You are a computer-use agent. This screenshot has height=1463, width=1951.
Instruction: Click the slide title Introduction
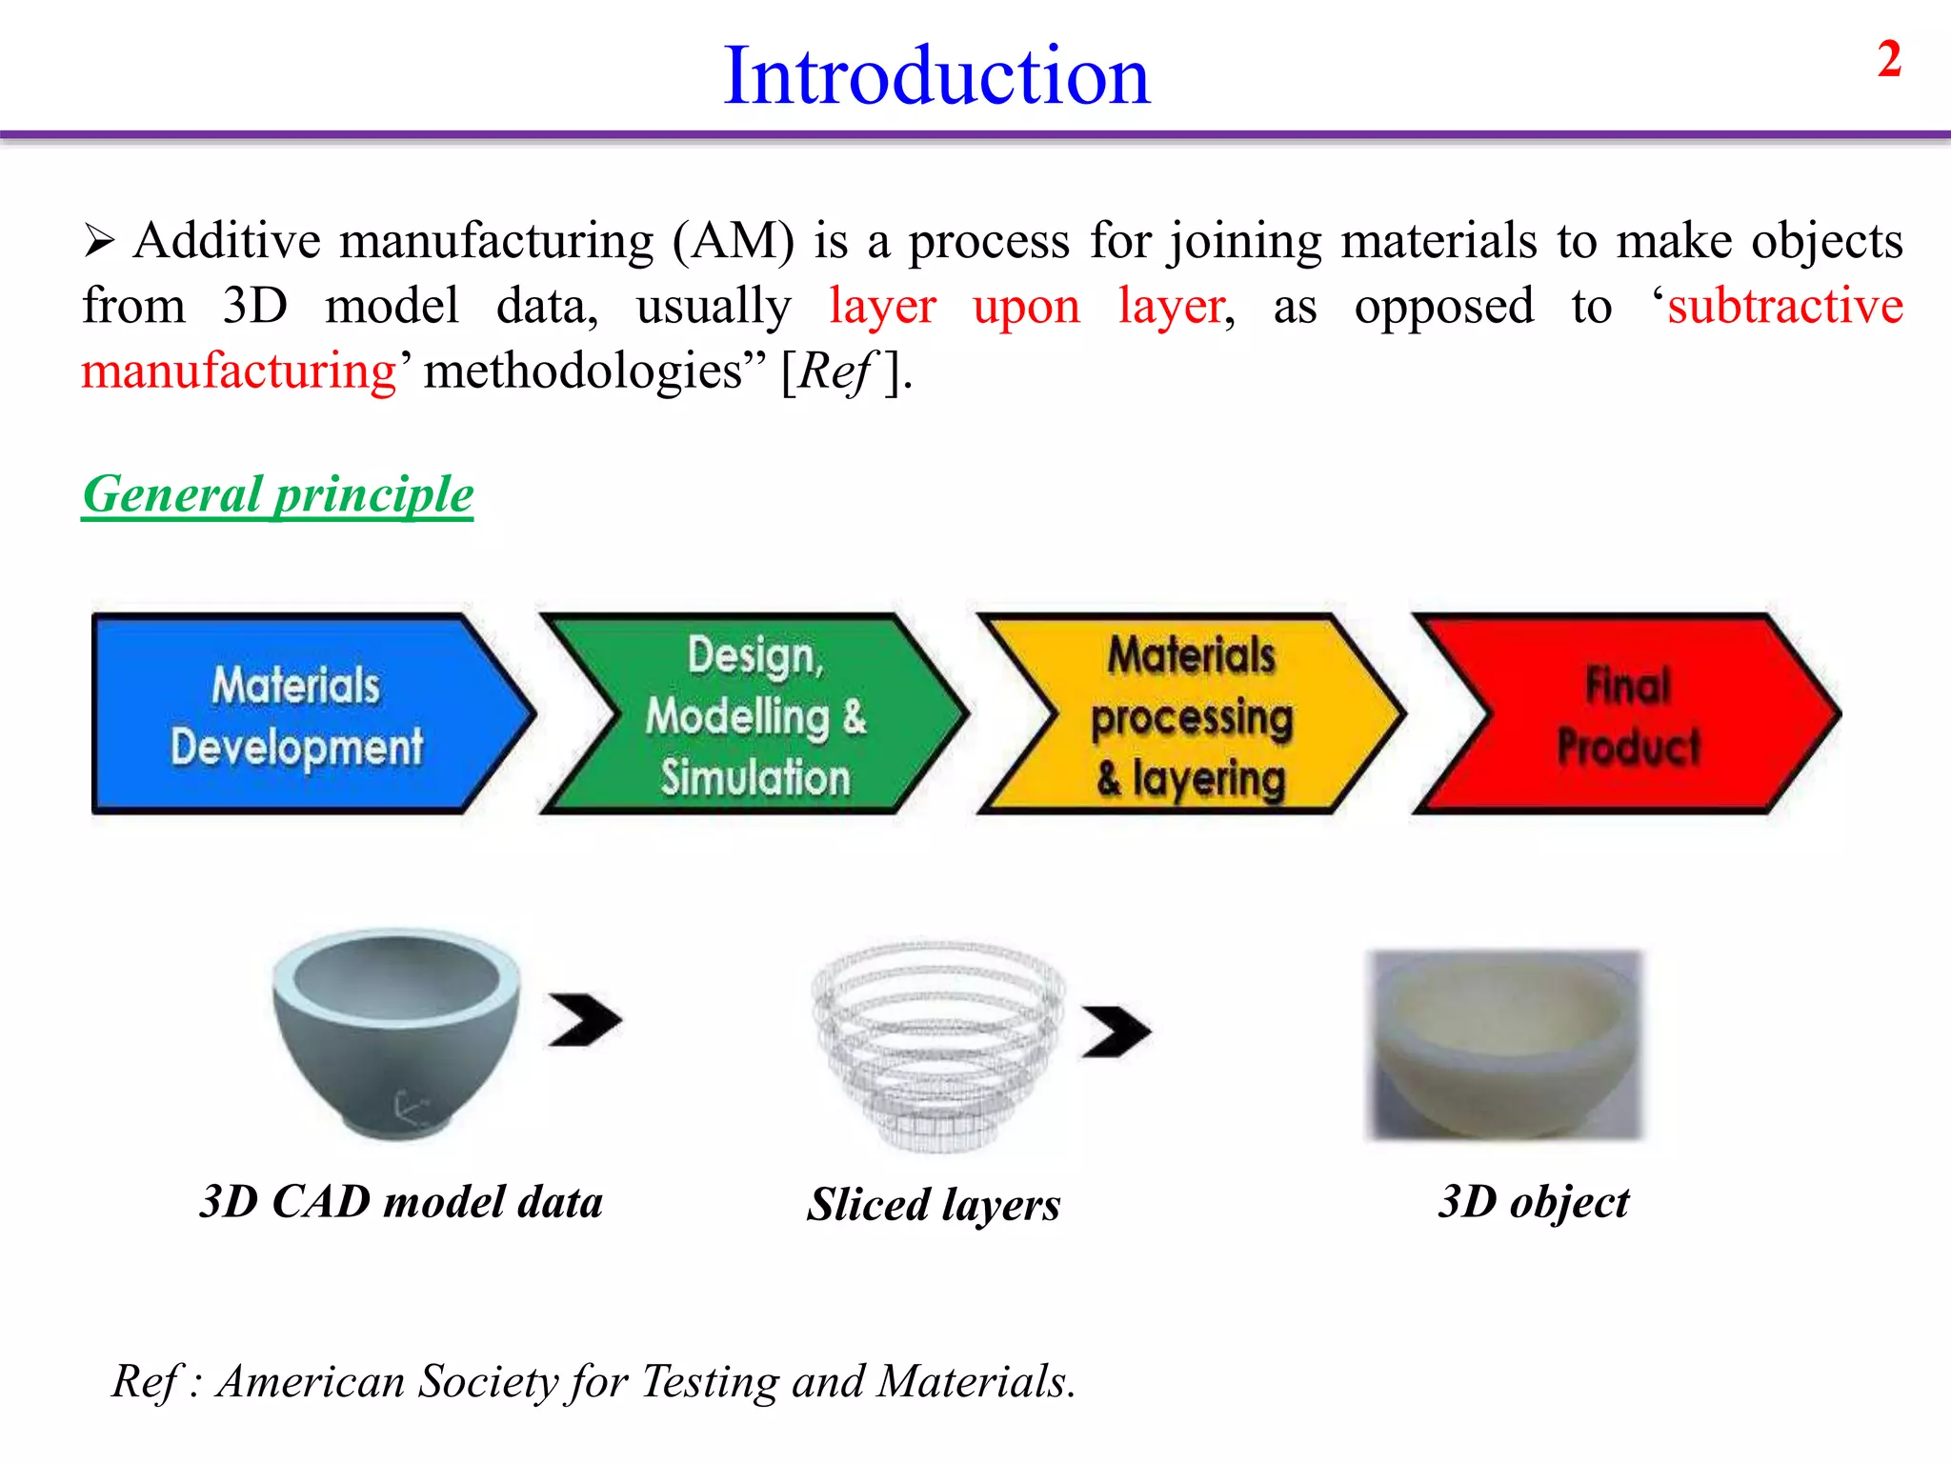pyautogui.click(x=936, y=76)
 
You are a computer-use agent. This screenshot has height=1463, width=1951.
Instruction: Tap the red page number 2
pyautogui.click(x=1889, y=60)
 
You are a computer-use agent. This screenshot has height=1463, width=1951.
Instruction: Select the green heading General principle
pyautogui.click(x=277, y=495)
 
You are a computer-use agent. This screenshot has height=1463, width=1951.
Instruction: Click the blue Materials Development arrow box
pyautogui.click(x=296, y=714)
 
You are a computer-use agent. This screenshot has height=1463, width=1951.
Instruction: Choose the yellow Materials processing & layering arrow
pyautogui.click(x=1192, y=714)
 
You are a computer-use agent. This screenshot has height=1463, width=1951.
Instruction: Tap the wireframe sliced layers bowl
pyautogui.click(x=938, y=1043)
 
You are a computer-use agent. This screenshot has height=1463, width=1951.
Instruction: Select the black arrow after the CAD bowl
pyautogui.click(x=584, y=1020)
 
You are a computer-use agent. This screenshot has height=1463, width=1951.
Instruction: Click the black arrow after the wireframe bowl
pyautogui.click(x=1116, y=1032)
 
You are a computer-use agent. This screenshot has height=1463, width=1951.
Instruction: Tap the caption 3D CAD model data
pyautogui.click(x=401, y=1202)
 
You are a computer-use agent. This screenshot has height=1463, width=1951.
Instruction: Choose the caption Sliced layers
pyautogui.click(x=934, y=1205)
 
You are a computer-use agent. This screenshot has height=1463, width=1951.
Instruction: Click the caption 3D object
pyautogui.click(x=1534, y=1202)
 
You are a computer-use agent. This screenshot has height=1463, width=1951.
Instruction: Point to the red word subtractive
pyautogui.click(x=1784, y=307)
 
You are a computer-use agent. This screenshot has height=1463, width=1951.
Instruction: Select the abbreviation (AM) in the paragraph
pyautogui.click(x=733, y=241)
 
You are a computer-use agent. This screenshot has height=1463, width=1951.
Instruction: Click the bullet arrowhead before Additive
pyautogui.click(x=99, y=240)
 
